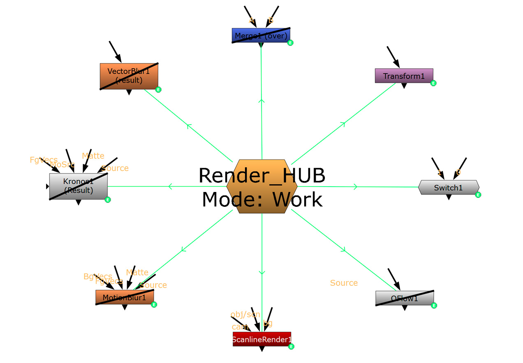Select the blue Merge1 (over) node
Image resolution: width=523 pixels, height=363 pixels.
click(261, 35)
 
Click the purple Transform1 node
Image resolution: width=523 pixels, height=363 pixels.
click(404, 76)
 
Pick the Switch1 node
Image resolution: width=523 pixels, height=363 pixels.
click(448, 187)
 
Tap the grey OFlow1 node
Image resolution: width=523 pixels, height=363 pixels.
click(404, 298)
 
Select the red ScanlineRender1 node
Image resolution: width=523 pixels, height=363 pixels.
click(261, 339)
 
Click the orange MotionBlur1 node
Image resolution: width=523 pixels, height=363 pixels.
click(124, 297)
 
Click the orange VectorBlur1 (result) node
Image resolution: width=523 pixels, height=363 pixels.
click(129, 76)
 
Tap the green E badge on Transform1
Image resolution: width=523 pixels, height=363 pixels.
click(433, 83)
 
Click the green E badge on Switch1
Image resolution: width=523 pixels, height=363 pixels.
click(478, 195)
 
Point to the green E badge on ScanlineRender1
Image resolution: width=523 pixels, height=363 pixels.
click(291, 347)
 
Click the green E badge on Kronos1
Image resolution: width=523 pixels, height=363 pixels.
click(108, 200)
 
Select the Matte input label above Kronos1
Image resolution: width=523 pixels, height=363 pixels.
click(93, 156)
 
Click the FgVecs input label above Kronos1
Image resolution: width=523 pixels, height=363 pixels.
click(44, 160)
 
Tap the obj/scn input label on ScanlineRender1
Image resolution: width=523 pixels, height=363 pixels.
click(245, 314)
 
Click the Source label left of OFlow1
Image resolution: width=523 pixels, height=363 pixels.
click(344, 283)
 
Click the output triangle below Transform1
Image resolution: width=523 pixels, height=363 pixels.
click(404, 86)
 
